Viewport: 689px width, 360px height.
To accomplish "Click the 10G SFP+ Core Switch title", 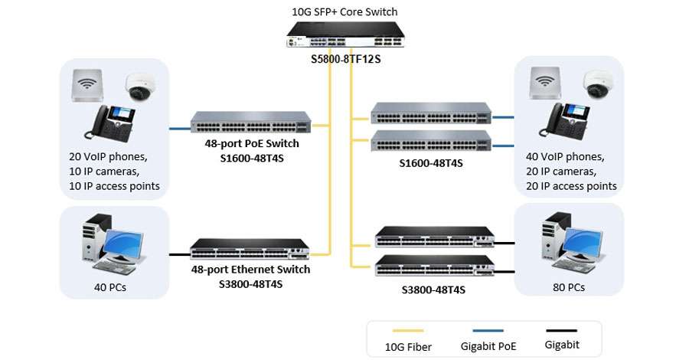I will point(345,11).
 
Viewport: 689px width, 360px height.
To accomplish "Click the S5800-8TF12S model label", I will point(345,58).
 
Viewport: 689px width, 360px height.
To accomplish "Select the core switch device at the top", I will point(345,35).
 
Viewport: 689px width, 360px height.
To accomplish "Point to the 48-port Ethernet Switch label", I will point(250,270).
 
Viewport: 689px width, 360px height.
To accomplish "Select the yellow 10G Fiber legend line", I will point(408,332).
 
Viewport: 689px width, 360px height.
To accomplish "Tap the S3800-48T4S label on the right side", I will point(433,290).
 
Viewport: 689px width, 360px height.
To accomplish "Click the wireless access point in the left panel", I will point(89,84).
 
